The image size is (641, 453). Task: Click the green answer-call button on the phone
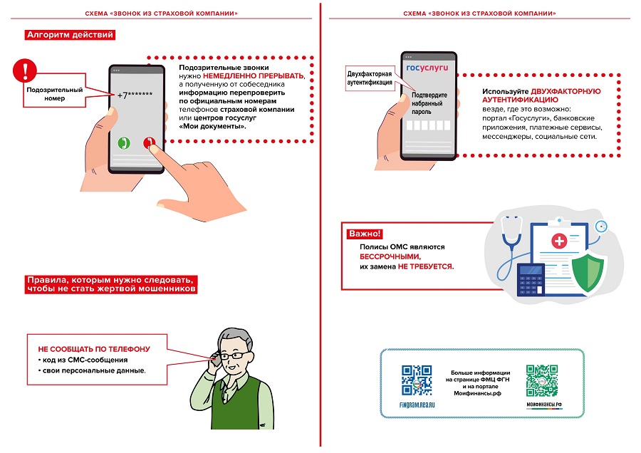[123, 142]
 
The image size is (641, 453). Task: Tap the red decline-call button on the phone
[149, 142]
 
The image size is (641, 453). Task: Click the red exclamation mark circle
[26, 71]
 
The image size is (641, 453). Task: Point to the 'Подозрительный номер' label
[54, 94]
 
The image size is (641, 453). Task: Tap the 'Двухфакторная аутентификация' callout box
[370, 78]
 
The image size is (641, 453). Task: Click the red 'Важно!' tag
[365, 234]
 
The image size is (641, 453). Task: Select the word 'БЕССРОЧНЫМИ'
[390, 256]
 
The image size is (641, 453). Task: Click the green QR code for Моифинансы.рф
[543, 380]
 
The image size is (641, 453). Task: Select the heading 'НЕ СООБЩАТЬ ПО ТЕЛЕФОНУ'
[94, 349]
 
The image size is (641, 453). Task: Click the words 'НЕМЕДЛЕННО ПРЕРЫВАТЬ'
[254, 75]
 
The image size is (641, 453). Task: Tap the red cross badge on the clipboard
[559, 242]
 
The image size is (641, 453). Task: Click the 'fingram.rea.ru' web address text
[417, 404]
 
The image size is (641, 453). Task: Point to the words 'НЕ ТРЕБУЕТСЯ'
[425, 266]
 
